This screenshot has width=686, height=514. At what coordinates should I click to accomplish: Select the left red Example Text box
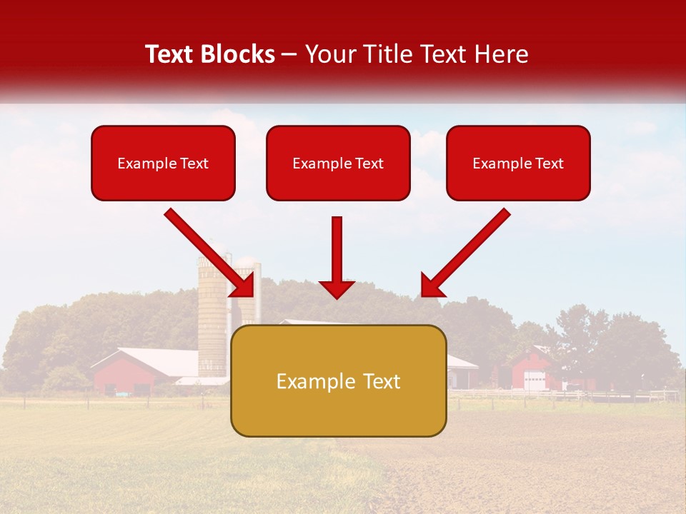coord(163,163)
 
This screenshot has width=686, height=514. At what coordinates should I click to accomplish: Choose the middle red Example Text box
coord(338,163)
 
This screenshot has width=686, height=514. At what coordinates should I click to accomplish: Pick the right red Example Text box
coord(518,163)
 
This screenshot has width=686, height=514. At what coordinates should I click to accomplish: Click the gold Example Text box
coord(339,381)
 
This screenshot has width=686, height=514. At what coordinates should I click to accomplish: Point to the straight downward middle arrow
coord(337,253)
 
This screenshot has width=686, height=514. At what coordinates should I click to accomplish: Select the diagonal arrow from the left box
coord(207,251)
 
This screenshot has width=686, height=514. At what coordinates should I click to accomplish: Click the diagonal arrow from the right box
coord(467,251)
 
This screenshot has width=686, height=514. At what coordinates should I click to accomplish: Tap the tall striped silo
coord(212,314)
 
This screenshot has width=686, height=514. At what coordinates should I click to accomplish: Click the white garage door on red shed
coord(534,381)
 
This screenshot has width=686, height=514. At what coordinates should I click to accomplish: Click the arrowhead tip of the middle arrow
coord(337,296)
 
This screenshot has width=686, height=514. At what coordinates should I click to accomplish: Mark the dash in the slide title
coord(289,54)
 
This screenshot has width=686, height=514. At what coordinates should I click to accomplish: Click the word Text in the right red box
coord(549,163)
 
